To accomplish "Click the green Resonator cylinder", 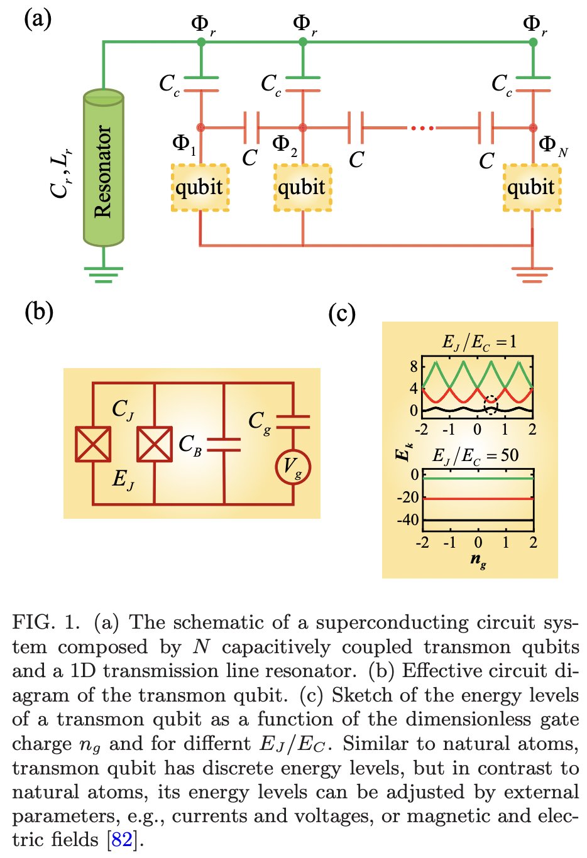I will [x=104, y=168].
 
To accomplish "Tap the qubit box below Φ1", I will [x=200, y=187].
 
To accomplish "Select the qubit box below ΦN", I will [x=532, y=187].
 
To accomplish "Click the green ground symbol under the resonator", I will [x=104, y=274].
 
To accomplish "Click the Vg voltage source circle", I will [x=293, y=466].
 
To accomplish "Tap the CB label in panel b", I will [x=190, y=445].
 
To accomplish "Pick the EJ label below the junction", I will [x=123, y=480].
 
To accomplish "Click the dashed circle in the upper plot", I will [x=490, y=405].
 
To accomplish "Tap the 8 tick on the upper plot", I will [x=413, y=366].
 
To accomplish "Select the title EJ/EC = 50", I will [x=475, y=455].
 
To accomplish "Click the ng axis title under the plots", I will [x=478, y=560].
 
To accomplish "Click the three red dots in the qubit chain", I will [x=422, y=128].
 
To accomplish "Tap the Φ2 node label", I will [x=285, y=144].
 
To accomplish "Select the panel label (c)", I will [x=342, y=313].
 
